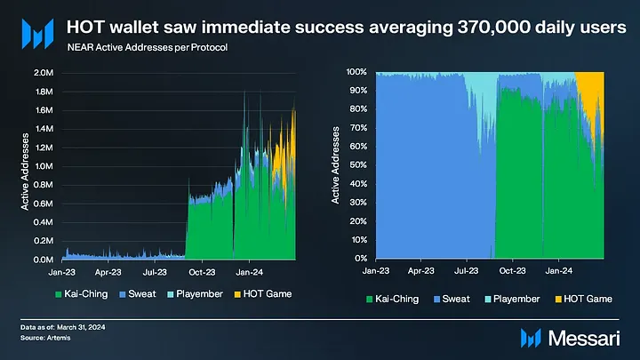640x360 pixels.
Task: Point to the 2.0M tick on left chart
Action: pos(43,72)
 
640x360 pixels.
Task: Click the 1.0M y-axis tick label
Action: pos(43,166)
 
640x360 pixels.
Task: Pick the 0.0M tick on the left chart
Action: pos(43,260)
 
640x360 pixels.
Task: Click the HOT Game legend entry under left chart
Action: pos(267,293)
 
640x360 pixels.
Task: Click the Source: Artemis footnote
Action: pos(46,339)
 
